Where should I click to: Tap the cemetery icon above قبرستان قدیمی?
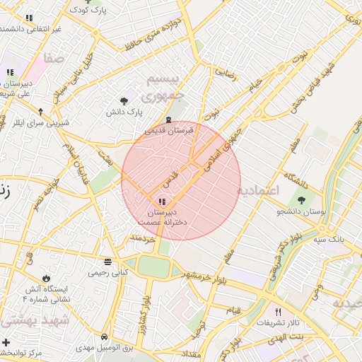(167, 119)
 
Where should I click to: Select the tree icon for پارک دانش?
(124, 101)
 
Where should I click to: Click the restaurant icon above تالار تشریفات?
(278, 312)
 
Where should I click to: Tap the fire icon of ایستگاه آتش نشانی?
(47, 278)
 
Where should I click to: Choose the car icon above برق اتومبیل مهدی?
(104, 337)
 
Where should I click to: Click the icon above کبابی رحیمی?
(107, 260)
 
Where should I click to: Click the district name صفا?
(57, 57)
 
